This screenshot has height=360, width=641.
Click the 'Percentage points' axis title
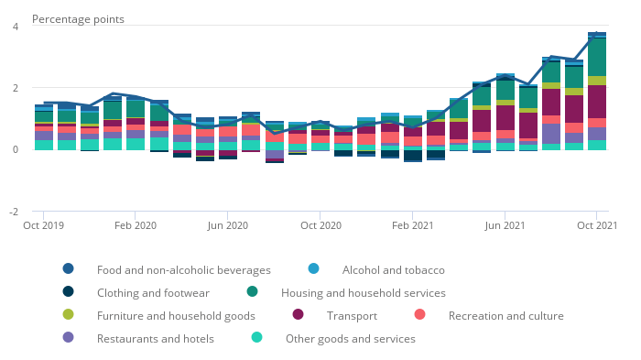tap(78, 19)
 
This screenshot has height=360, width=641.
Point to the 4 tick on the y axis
tap(16, 27)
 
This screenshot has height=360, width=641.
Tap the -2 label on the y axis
tap(14, 212)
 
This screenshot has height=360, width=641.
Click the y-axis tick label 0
tap(16, 149)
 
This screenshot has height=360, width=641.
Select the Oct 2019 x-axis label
tap(43, 225)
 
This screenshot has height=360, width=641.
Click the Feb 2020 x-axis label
tap(136, 225)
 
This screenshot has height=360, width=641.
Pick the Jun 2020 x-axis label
tap(228, 225)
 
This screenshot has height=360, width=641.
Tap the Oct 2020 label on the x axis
tap(320, 225)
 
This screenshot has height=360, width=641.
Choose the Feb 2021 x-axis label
tap(412, 225)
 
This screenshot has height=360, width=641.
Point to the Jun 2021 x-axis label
tap(505, 225)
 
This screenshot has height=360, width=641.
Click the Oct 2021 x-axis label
tap(597, 225)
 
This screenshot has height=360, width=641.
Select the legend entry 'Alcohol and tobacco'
tap(393, 270)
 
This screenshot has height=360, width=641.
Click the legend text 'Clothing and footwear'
tap(153, 293)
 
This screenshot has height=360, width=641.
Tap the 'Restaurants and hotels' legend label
tap(156, 339)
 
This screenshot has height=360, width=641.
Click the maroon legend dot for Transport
tap(298, 314)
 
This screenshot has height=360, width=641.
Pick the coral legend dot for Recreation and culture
tap(419, 314)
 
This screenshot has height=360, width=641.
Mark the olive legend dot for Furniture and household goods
tap(69, 314)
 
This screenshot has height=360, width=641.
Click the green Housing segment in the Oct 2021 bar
tap(597, 58)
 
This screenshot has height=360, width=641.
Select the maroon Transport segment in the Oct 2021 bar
tap(597, 102)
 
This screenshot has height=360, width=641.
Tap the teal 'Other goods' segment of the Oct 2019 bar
tap(44, 145)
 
